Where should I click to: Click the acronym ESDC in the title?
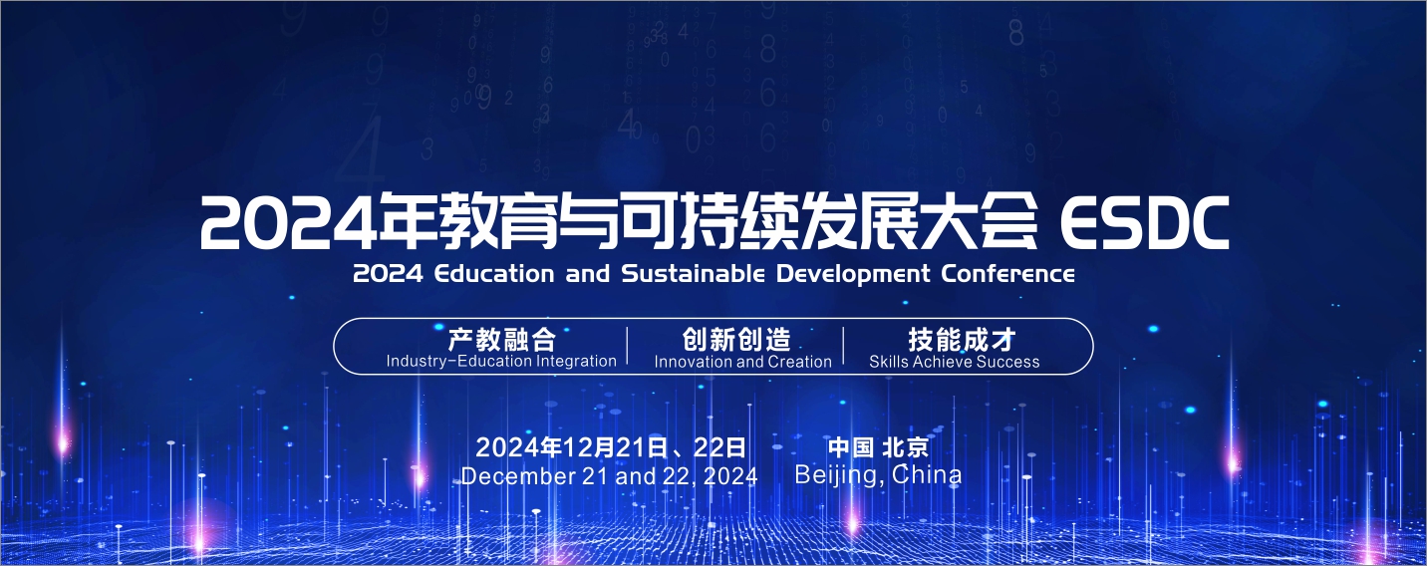1145,222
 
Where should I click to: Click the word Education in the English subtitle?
493,274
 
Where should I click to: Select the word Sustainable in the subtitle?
694,274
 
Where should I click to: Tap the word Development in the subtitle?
853,275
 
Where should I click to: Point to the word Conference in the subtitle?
1007,274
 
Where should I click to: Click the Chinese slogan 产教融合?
502,340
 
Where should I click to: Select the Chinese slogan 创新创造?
736,340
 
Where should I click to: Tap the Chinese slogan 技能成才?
962,340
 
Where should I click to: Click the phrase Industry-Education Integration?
501,362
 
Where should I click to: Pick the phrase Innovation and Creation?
742,362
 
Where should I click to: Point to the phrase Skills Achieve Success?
955,362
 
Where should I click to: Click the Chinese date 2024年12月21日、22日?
611,447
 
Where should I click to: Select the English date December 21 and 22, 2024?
610,476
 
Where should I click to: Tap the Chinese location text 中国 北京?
879,447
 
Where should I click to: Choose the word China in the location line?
927,474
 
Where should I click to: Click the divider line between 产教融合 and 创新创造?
627,346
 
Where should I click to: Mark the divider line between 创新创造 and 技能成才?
843,346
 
